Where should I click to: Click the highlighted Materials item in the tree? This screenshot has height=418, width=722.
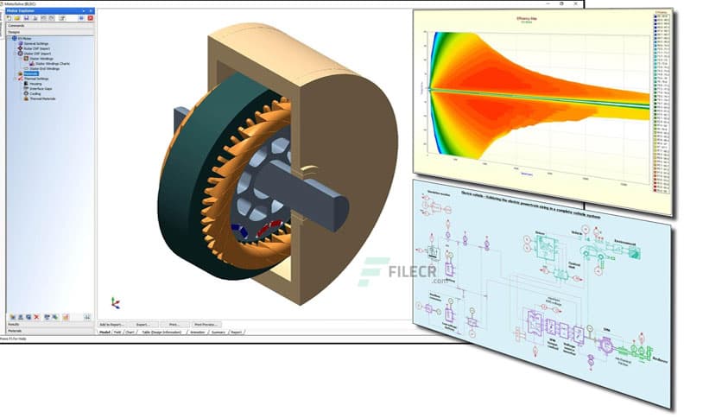point(31,73)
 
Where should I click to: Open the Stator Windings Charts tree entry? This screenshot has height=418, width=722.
point(52,63)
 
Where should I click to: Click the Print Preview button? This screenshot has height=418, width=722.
point(206,324)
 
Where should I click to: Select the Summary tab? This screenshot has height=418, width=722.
point(218,332)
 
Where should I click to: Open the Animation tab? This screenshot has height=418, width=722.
point(198,332)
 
